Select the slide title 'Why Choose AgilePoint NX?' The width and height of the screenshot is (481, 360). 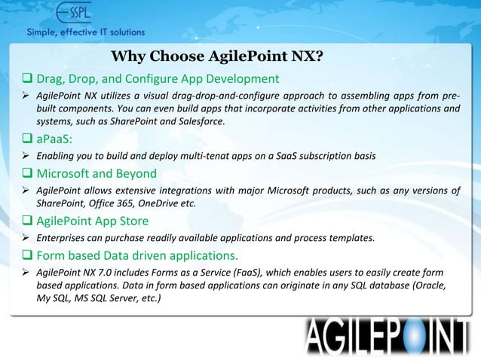[x=217, y=58]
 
